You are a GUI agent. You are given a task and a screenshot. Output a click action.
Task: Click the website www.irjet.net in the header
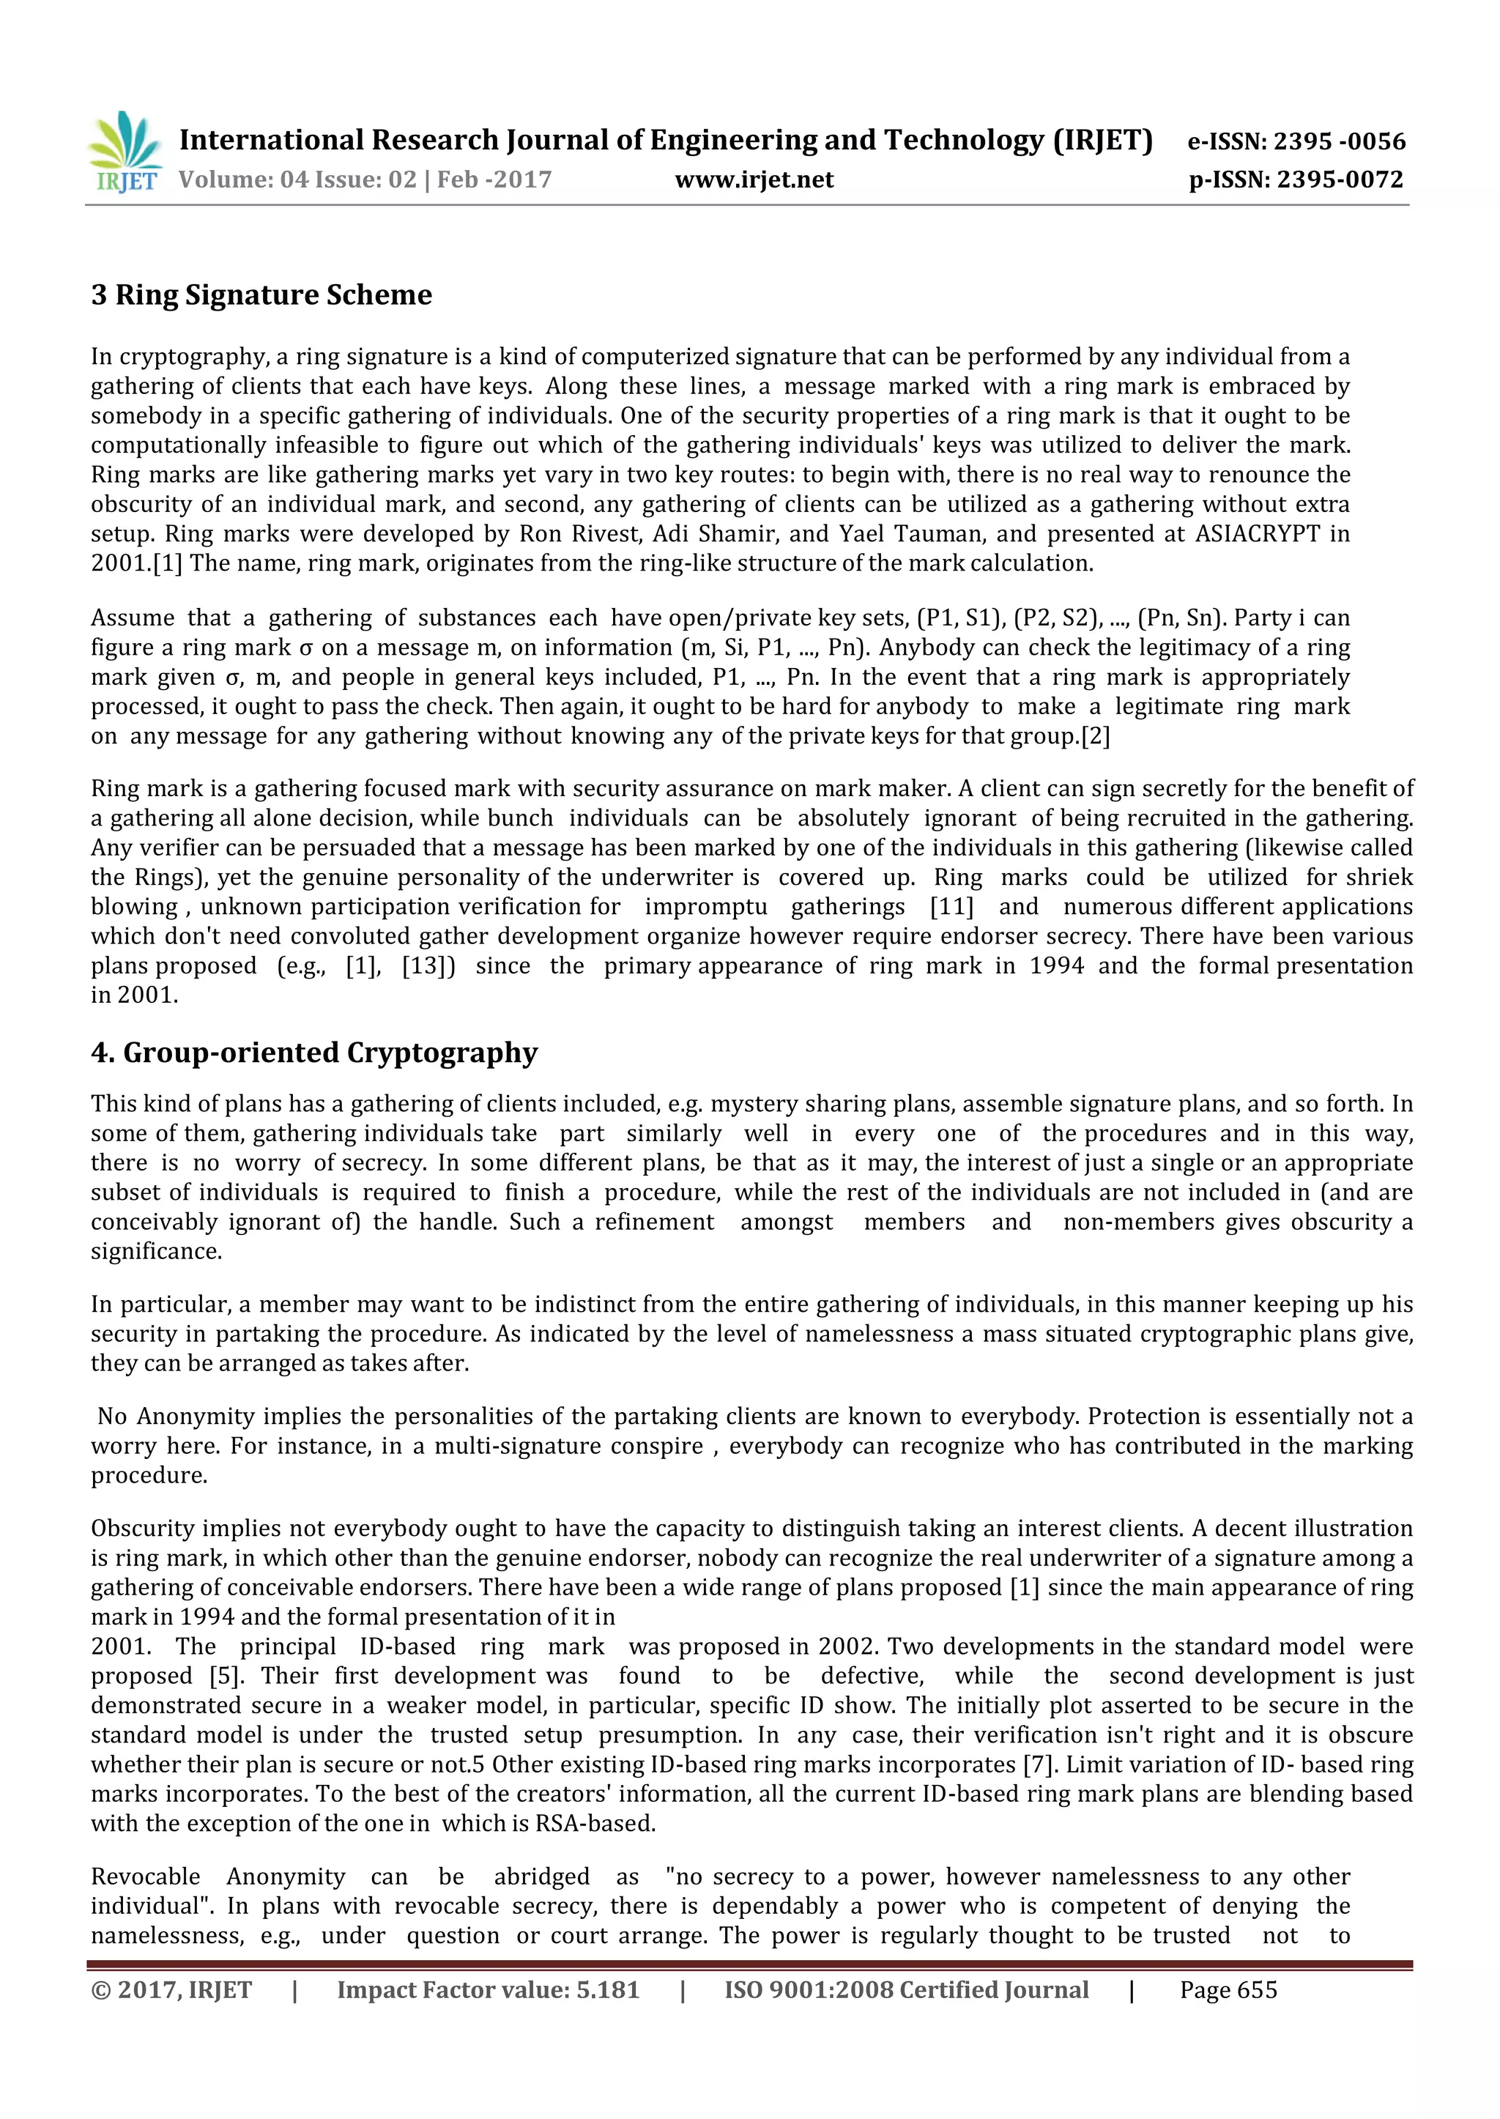(x=754, y=179)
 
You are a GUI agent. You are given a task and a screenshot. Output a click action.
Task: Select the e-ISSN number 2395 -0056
(x=1340, y=141)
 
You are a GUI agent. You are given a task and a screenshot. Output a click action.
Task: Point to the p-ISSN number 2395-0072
(x=1340, y=179)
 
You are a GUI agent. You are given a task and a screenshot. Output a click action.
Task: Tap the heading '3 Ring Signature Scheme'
(x=261, y=294)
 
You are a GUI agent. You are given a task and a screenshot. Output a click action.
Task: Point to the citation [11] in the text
(x=951, y=906)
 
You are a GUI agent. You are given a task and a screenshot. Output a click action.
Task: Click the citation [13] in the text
(x=428, y=965)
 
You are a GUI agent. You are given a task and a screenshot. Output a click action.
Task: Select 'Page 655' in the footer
(x=1228, y=1989)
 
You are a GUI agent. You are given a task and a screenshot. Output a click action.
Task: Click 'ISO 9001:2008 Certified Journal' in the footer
(x=906, y=1989)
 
